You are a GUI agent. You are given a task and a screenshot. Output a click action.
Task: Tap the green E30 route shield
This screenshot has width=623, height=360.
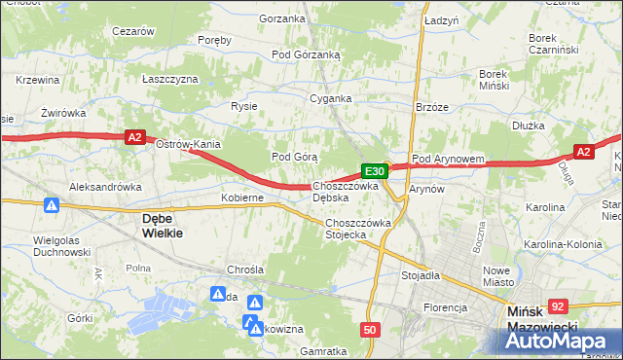377,171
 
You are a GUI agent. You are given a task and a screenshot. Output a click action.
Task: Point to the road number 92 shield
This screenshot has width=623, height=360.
557,306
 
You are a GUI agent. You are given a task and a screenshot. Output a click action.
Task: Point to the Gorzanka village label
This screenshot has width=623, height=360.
281,19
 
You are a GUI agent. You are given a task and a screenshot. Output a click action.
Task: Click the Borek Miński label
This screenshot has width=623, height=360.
503,79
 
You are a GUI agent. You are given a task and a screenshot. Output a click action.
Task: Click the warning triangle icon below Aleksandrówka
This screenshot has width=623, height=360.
52,205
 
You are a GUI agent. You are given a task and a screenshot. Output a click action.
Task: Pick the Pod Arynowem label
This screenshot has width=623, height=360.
449,158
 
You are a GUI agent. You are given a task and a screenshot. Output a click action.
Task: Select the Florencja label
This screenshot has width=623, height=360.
444,307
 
